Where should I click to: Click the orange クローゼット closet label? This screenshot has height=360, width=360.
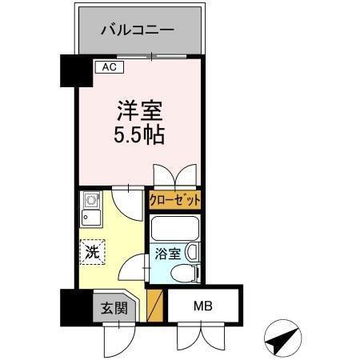(174, 200)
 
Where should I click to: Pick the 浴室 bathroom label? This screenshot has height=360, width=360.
(168, 256)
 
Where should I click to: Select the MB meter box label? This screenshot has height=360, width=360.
(202, 306)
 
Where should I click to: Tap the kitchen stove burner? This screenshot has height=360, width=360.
(90, 199)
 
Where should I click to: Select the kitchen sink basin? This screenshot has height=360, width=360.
(90, 217)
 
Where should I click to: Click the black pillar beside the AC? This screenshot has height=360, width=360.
(70, 70)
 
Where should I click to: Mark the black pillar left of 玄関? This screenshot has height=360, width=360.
(70, 305)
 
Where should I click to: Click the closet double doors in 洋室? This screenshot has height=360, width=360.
(174, 175)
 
